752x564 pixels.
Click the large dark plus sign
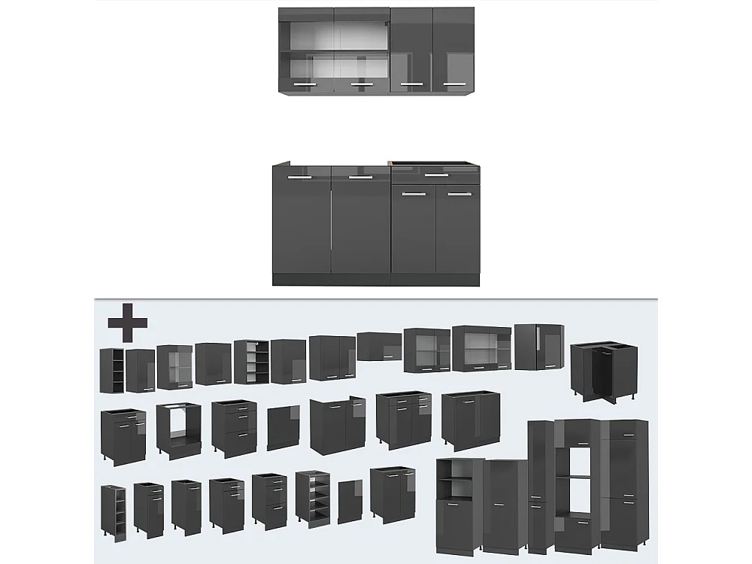tap(127, 324)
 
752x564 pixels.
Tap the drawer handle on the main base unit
tap(433, 174)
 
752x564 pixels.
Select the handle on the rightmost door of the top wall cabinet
tap(453, 84)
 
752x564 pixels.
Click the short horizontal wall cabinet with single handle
tap(379, 347)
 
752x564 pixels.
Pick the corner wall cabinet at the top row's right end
tap(538, 347)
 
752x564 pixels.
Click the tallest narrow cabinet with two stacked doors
tap(540, 486)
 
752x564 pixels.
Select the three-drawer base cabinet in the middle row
tap(234, 428)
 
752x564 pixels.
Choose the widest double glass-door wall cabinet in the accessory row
tap(482, 349)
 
